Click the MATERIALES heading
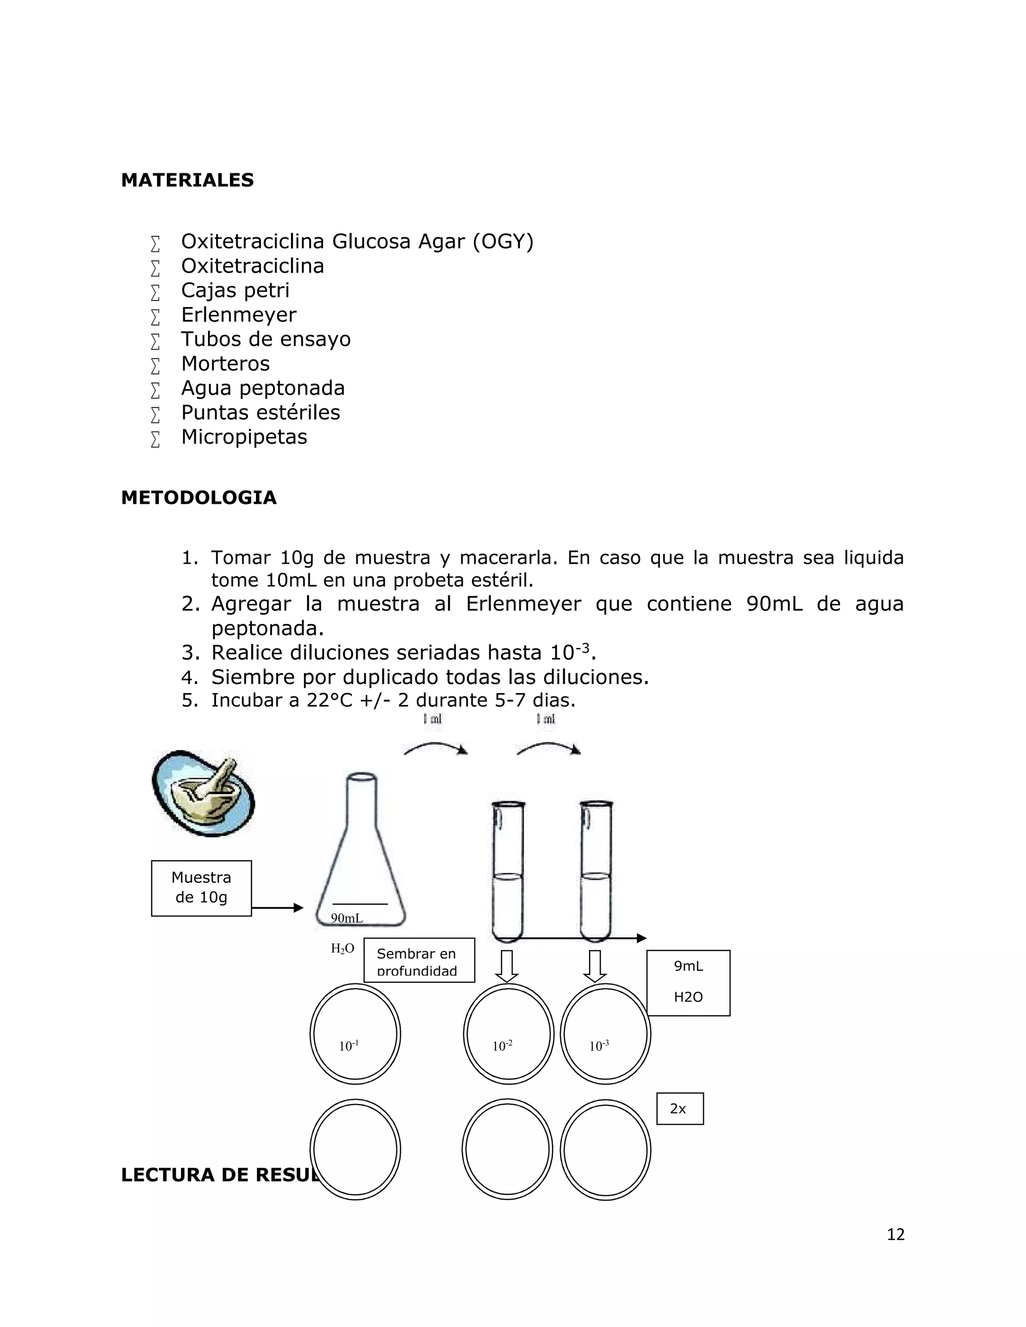(x=187, y=180)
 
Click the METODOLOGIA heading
(x=199, y=498)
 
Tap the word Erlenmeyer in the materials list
(x=239, y=315)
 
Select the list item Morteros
(x=225, y=364)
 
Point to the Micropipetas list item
(x=244, y=437)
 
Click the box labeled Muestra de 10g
(x=201, y=888)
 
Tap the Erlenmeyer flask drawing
(x=360, y=851)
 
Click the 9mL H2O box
(x=688, y=982)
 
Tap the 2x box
(x=679, y=1109)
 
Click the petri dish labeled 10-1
(x=355, y=1034)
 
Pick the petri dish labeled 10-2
(x=508, y=1034)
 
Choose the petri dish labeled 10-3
(x=605, y=1034)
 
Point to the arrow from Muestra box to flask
(x=277, y=908)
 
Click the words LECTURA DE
(x=185, y=1175)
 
